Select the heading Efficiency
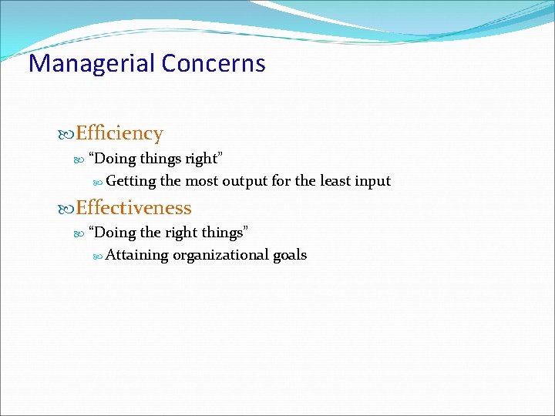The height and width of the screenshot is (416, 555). pos(119,133)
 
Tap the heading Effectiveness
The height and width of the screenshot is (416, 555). pos(133,207)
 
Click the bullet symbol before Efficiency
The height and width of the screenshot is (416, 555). pos(66,134)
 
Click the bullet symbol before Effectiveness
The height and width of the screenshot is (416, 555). pos(66,208)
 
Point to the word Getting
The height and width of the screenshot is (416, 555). pos(131,181)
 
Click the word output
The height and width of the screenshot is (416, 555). pos(245,181)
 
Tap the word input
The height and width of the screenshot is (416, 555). pos(374,181)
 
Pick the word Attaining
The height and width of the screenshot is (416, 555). pos(136,255)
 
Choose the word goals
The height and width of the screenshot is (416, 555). pos(290,255)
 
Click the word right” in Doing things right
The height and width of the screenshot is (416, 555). pos(204,159)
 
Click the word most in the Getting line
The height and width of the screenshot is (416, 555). pos(201,181)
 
